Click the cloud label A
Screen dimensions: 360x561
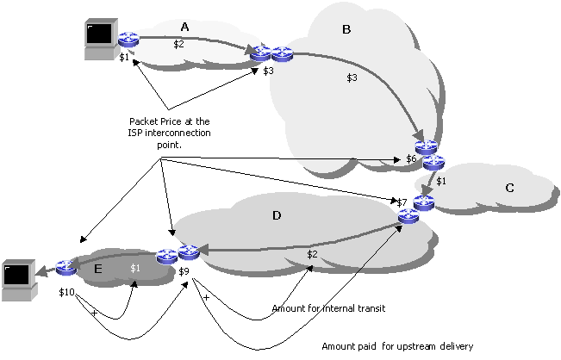point(184,27)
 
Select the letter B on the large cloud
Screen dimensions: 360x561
point(346,30)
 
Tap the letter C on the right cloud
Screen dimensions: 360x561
point(509,189)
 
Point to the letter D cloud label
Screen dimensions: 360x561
point(277,215)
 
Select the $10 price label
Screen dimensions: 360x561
point(67,293)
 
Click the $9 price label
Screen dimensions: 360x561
point(184,272)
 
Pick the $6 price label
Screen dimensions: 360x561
point(412,159)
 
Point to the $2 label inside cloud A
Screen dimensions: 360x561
point(178,43)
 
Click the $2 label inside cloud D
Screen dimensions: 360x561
point(312,254)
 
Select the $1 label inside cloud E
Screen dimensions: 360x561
point(134,268)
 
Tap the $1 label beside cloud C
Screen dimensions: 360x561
point(441,181)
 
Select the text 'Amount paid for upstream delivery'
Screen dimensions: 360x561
point(396,346)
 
